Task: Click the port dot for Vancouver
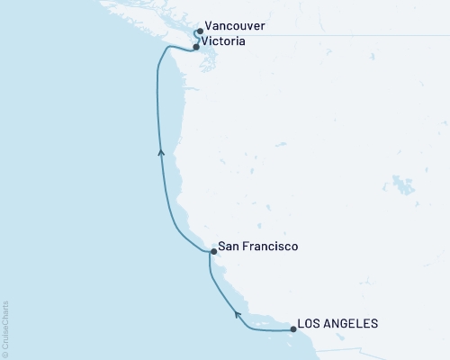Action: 199,31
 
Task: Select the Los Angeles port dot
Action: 293,329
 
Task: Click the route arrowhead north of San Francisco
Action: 161,153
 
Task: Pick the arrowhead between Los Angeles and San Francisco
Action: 238,313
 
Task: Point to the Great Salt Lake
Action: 396,187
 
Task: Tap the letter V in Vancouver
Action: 210,27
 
